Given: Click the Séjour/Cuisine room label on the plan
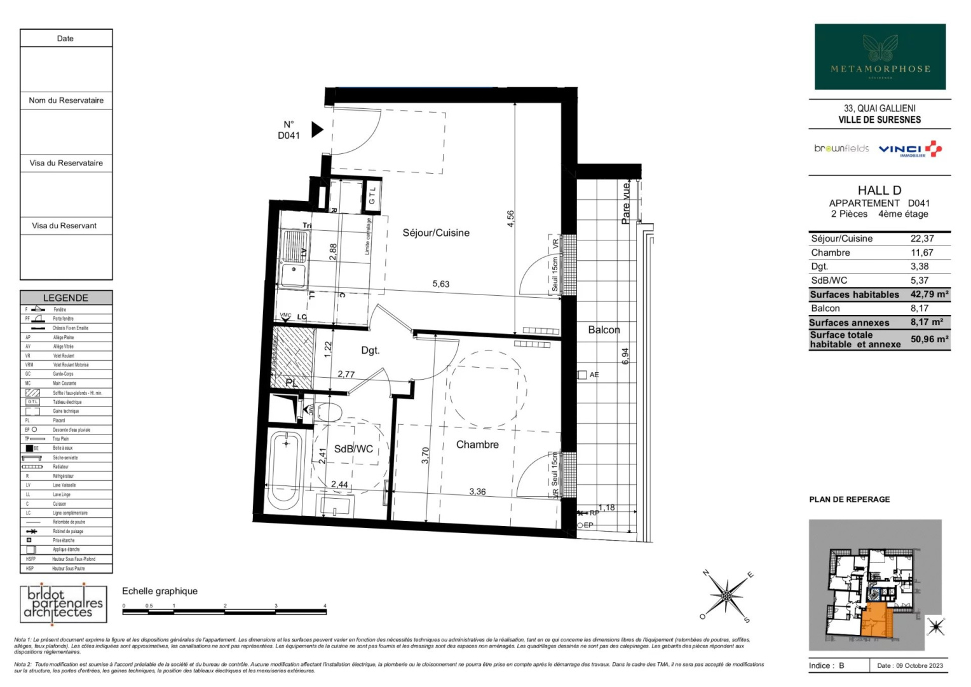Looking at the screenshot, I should [436, 233].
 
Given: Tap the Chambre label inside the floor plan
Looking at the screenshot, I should [477, 445].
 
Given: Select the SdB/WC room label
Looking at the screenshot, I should [353, 448].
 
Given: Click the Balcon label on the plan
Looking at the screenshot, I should [604, 330].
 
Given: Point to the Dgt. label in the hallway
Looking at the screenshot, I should [370, 350].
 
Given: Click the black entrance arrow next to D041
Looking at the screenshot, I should [316, 130].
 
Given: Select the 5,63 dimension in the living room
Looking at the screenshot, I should [440, 284].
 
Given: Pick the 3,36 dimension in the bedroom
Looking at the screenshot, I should [477, 491].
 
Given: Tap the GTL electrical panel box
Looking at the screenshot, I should [372, 195].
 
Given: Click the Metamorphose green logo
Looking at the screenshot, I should [880, 57].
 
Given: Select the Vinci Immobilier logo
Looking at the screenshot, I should [909, 149].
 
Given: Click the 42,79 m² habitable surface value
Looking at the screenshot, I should [929, 295].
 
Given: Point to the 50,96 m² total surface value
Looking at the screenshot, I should [929, 339].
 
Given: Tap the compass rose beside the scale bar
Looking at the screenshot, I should [726, 596].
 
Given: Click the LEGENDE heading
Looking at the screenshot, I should [65, 298].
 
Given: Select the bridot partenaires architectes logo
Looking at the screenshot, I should [63, 603].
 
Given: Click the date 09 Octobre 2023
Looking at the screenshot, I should [909, 665].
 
